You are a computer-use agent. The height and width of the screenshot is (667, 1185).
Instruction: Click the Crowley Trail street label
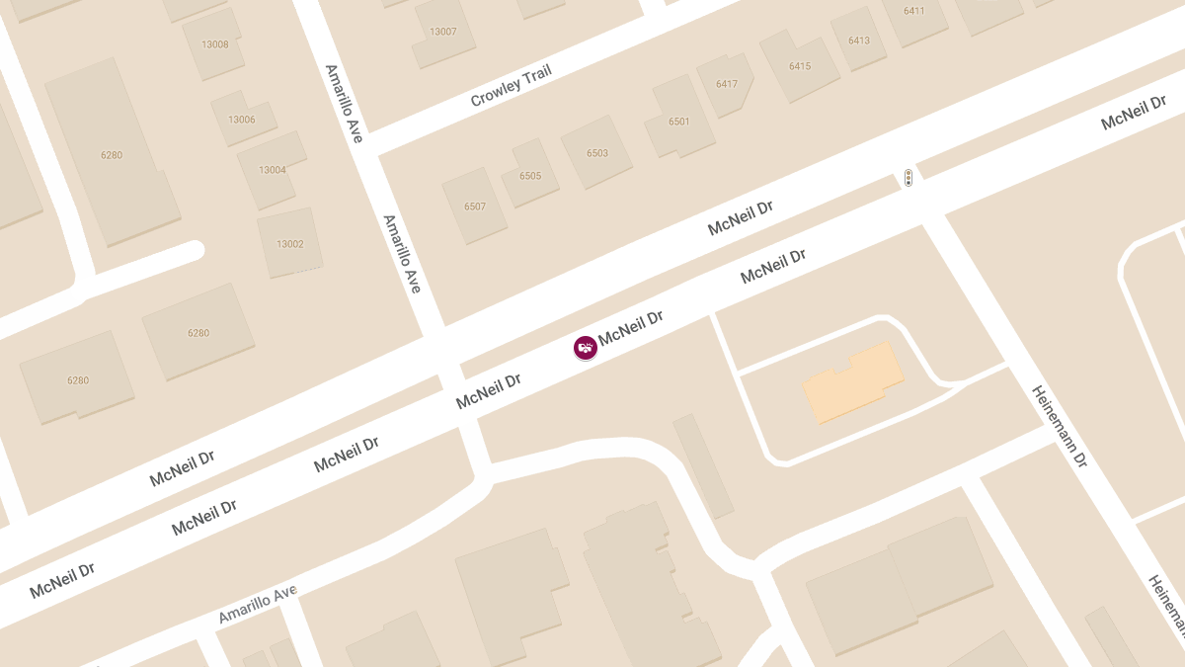tap(511, 85)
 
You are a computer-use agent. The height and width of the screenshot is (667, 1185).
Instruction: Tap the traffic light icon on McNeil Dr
tap(908, 178)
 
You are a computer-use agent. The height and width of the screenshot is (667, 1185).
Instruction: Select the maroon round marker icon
tap(586, 347)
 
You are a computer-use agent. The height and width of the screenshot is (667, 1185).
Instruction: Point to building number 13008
tap(214, 44)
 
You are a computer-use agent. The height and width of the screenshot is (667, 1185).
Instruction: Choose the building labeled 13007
tap(443, 32)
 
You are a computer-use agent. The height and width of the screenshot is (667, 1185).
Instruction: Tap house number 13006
tap(242, 120)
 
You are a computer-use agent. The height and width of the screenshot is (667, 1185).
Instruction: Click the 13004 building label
tap(273, 170)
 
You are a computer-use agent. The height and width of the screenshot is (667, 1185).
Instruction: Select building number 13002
tap(290, 244)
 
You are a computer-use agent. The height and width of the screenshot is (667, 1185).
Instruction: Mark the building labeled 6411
tap(914, 11)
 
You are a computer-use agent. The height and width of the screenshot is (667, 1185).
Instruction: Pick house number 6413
tap(859, 41)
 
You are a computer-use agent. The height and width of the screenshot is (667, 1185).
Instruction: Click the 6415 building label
tap(800, 66)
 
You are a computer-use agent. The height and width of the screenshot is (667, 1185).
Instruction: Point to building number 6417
tap(727, 84)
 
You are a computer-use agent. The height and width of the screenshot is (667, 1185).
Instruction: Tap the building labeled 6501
tap(679, 122)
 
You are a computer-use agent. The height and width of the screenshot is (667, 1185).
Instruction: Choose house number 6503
tap(597, 153)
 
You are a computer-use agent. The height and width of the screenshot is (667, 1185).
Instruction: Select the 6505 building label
tap(530, 176)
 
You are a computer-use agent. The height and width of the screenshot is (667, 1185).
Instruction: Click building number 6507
tap(475, 207)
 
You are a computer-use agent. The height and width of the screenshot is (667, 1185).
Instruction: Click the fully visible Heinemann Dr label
tap(1060, 426)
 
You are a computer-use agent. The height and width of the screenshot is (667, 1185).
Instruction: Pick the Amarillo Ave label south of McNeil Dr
tap(257, 604)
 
